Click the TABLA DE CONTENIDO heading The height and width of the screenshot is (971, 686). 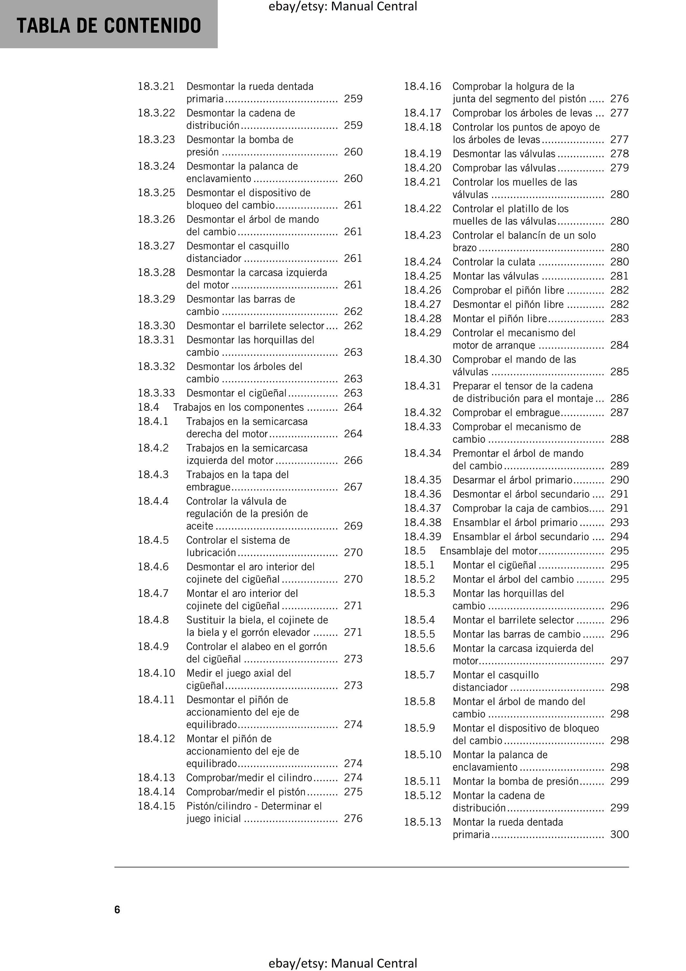click(109, 25)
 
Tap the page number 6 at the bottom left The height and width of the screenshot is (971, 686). click(117, 909)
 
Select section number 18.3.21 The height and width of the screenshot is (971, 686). click(156, 86)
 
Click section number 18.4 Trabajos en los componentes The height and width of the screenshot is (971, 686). click(148, 407)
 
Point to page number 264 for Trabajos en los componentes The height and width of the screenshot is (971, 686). click(353, 407)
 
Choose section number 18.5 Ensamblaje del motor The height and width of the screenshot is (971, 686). click(415, 551)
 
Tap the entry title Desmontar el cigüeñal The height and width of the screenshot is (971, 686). click(237, 393)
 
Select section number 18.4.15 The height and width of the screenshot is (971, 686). click(156, 806)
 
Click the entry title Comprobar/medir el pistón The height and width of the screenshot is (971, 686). click(246, 791)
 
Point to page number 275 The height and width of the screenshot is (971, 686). click(353, 791)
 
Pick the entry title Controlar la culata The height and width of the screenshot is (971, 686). click(494, 262)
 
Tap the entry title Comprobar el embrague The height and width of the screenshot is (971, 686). click(506, 412)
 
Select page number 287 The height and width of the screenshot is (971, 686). click(619, 412)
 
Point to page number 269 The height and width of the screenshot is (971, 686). click(353, 526)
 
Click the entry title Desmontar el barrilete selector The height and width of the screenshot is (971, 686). click(255, 326)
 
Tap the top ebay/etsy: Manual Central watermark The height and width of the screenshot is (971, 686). click(343, 6)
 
